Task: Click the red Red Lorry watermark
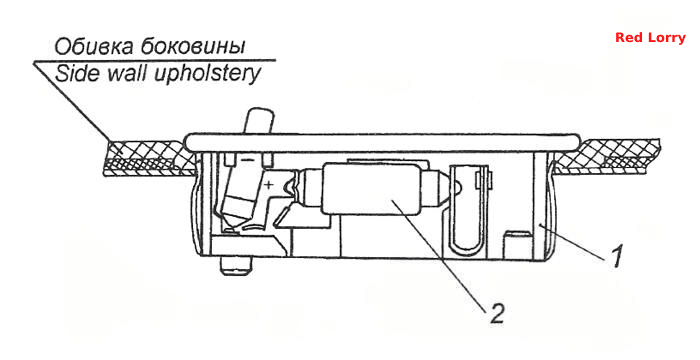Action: (650, 38)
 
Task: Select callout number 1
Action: (617, 256)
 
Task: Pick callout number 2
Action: (497, 313)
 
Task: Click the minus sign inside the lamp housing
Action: (245, 159)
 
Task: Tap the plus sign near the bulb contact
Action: (269, 184)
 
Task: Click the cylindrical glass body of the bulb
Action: (373, 188)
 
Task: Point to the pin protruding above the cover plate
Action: (258, 121)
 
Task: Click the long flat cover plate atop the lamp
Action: (382, 143)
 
